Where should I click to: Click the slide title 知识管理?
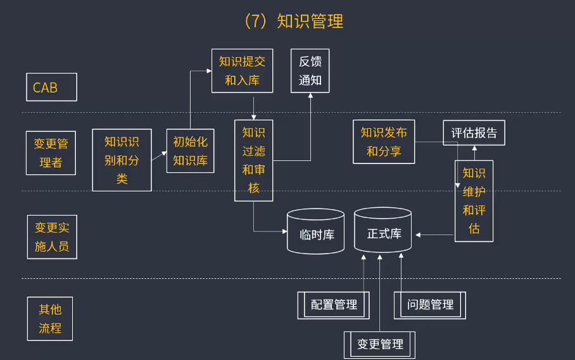tap(293, 21)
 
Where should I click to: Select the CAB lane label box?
tap(51, 87)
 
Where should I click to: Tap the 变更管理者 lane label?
tap(51, 153)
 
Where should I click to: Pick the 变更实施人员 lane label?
tap(51, 236)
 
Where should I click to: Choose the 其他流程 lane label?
tap(50, 319)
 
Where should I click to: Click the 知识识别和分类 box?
tap(122, 160)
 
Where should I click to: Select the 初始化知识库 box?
tap(190, 151)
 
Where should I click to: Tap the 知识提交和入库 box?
tap(242, 70)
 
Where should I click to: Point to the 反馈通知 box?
tap(310, 70)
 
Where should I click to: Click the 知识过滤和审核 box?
tap(253, 160)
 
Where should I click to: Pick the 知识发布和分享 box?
tap(384, 142)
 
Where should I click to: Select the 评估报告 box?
tap(474, 133)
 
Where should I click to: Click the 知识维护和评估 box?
tap(474, 201)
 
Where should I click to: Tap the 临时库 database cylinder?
tap(316, 233)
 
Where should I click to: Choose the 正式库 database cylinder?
tap(383, 231)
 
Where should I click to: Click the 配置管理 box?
tap(334, 305)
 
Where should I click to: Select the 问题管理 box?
tap(430, 305)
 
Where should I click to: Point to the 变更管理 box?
tap(380, 344)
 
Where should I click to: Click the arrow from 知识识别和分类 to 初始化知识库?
tap(159, 155)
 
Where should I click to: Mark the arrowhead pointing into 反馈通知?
tap(310, 96)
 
